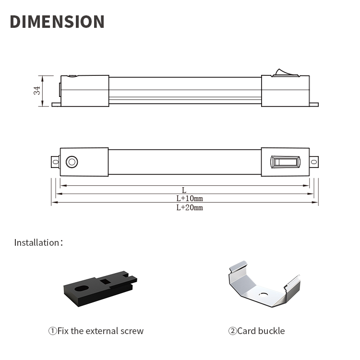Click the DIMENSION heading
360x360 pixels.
57,22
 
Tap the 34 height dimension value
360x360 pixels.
37,90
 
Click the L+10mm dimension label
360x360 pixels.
190,198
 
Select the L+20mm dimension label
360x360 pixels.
190,207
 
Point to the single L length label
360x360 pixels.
184,190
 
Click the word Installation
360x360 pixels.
37,242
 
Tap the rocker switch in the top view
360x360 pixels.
286,162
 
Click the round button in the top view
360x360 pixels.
72,162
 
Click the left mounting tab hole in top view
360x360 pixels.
56,162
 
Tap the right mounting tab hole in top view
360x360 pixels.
314,162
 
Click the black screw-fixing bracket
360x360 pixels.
100,289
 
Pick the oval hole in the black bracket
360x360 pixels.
82,288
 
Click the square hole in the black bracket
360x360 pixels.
106,281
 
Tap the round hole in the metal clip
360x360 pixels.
264,295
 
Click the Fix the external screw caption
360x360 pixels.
100,331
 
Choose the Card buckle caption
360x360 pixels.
261,331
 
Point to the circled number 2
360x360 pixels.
232,331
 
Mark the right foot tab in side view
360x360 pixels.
314,105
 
